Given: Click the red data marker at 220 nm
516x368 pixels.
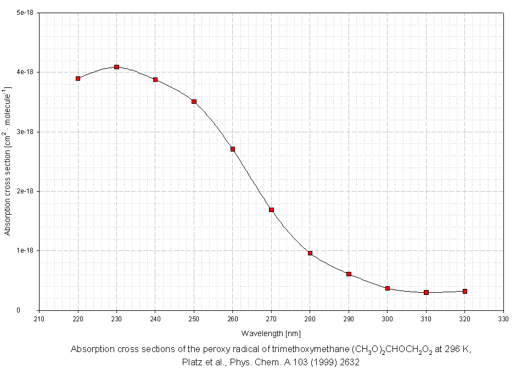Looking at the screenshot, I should point(78,79).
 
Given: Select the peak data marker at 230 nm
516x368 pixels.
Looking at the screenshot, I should point(117,67).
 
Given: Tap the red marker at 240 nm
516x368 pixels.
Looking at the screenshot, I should point(155,80).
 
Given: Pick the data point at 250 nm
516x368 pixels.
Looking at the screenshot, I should point(194,102).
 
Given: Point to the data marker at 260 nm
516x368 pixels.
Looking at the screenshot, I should point(233,149).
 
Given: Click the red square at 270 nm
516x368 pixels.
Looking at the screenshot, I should point(271,210).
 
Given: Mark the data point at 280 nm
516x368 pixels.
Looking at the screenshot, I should point(310,253).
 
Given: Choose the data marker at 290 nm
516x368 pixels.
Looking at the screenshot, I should point(349,274).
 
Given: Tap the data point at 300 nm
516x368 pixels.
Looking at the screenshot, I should point(388,288).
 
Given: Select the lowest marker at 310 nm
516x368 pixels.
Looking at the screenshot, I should point(426,292).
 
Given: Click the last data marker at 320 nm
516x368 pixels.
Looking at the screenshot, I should point(465,291).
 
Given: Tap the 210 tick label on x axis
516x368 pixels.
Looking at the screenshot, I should point(40,319).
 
